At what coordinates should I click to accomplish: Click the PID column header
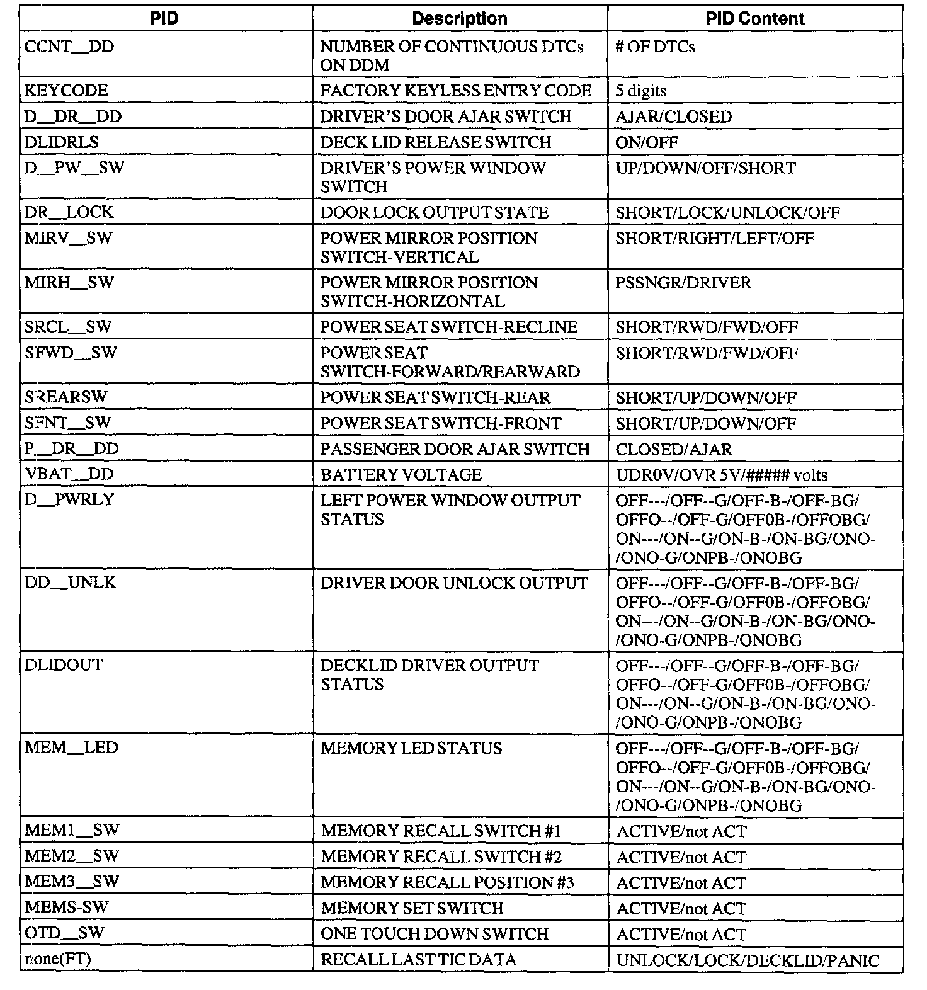pos(164,18)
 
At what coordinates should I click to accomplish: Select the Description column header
pos(459,18)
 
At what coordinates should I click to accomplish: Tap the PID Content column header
pos(754,18)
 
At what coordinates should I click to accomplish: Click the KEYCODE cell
pos(66,91)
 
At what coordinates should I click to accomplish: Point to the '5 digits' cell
pos(640,91)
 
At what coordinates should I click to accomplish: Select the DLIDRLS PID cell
pos(62,142)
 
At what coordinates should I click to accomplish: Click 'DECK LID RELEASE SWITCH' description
pos(435,142)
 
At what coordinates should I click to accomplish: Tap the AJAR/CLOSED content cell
pos(673,117)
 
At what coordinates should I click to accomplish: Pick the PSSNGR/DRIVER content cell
pos(683,283)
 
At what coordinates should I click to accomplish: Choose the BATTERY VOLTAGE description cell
pos(401,474)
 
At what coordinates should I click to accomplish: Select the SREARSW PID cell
pos(66,397)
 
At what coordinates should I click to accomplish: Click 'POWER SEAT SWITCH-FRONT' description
pos(440,423)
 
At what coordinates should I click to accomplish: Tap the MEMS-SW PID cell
pos(66,907)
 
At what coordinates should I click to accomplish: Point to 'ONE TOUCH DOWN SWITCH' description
pos(434,934)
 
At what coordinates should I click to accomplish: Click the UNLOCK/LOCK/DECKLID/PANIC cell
pos(747,960)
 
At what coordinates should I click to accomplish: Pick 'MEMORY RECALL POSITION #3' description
pos(446,882)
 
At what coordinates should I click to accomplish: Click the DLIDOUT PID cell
pos(63,665)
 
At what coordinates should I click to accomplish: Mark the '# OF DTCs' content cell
pos(654,47)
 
